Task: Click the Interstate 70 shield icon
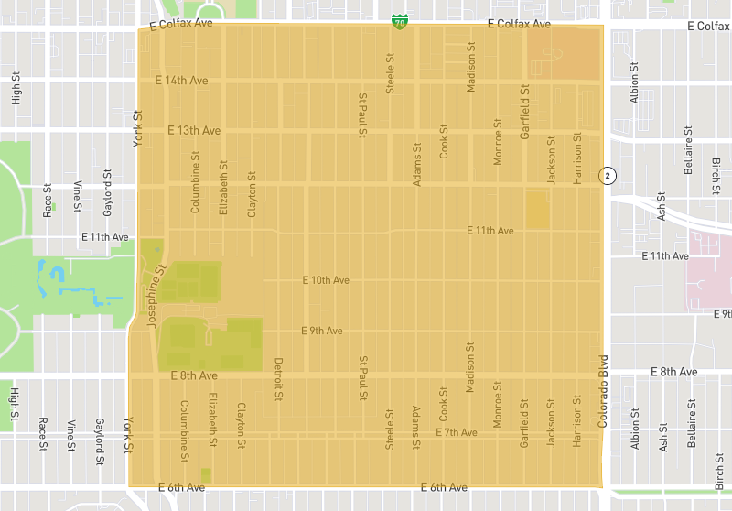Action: click(399, 20)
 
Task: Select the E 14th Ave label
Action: click(181, 81)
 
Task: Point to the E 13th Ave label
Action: click(194, 131)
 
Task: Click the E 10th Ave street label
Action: click(327, 280)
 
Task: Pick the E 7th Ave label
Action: click(457, 431)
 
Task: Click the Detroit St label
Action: click(279, 378)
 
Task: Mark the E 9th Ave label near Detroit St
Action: click(321, 331)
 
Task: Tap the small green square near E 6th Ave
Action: click(205, 474)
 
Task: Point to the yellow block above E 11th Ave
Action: click(537, 210)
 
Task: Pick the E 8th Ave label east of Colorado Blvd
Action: click(674, 372)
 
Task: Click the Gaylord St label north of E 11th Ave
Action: click(107, 187)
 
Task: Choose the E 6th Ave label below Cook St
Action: click(444, 487)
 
